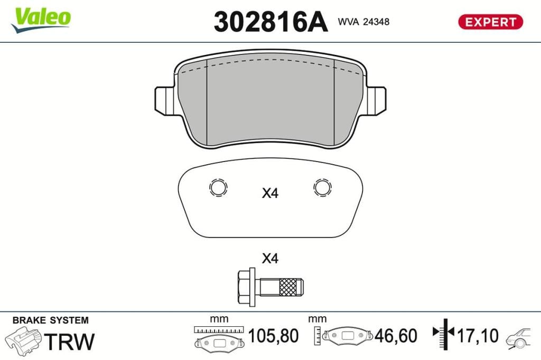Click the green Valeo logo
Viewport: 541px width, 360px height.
click(x=41, y=20)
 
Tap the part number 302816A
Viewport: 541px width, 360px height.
click(x=270, y=22)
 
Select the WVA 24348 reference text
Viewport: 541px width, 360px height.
click(x=363, y=22)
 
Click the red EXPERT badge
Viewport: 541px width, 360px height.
click(x=490, y=22)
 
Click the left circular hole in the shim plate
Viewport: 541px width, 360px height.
click(x=218, y=188)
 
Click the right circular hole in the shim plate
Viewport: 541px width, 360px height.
click(x=322, y=188)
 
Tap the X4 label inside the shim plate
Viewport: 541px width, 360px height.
click(x=270, y=193)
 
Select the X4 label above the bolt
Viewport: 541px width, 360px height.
click(x=270, y=258)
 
